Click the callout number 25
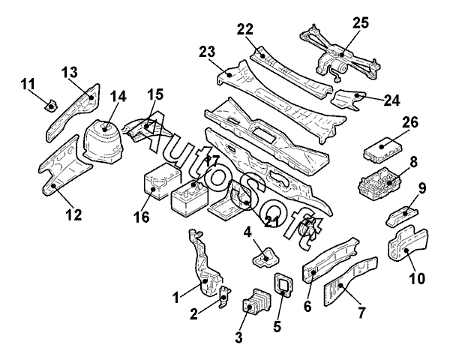(x=361, y=22)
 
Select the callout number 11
(x=28, y=85)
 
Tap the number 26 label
(x=410, y=122)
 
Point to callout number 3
(x=238, y=337)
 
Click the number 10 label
(x=417, y=278)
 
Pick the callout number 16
(x=142, y=217)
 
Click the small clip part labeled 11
(x=51, y=106)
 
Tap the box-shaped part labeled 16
(x=161, y=181)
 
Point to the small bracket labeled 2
(x=223, y=297)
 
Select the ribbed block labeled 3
(x=256, y=301)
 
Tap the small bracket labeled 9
(x=402, y=216)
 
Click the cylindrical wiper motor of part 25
(x=340, y=68)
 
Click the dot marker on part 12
(x=53, y=186)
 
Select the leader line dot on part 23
(x=229, y=75)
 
